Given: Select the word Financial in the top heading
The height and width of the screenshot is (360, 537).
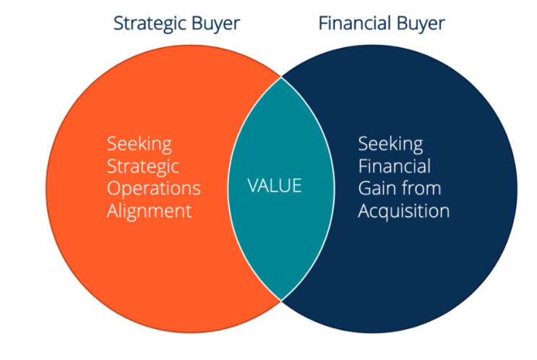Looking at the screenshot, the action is tap(354, 23).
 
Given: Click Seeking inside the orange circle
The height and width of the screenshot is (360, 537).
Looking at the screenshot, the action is tap(139, 145).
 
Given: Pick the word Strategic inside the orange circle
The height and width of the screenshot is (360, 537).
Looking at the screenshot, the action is tap(143, 167).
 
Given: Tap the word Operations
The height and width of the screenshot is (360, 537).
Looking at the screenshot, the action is tap(154, 189).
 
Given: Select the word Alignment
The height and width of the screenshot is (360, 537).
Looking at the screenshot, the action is tap(150, 211).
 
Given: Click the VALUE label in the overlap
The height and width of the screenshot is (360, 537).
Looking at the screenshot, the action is tap(275, 186).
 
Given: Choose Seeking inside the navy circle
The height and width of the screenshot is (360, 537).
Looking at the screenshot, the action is tap(390, 145).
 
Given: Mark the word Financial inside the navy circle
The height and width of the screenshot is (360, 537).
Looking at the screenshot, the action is tap(395, 166).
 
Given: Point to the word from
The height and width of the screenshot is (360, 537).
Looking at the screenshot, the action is tap(421, 189).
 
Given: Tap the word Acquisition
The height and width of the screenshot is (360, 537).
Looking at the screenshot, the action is tap(404, 211).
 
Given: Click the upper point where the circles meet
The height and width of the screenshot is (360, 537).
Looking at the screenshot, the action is tap(281, 77).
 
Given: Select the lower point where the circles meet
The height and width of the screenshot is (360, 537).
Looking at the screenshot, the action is tap(281, 301).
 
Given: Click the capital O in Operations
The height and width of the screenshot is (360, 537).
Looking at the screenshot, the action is tap(114, 189).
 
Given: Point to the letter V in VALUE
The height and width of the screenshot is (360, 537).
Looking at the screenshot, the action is tap(254, 186).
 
